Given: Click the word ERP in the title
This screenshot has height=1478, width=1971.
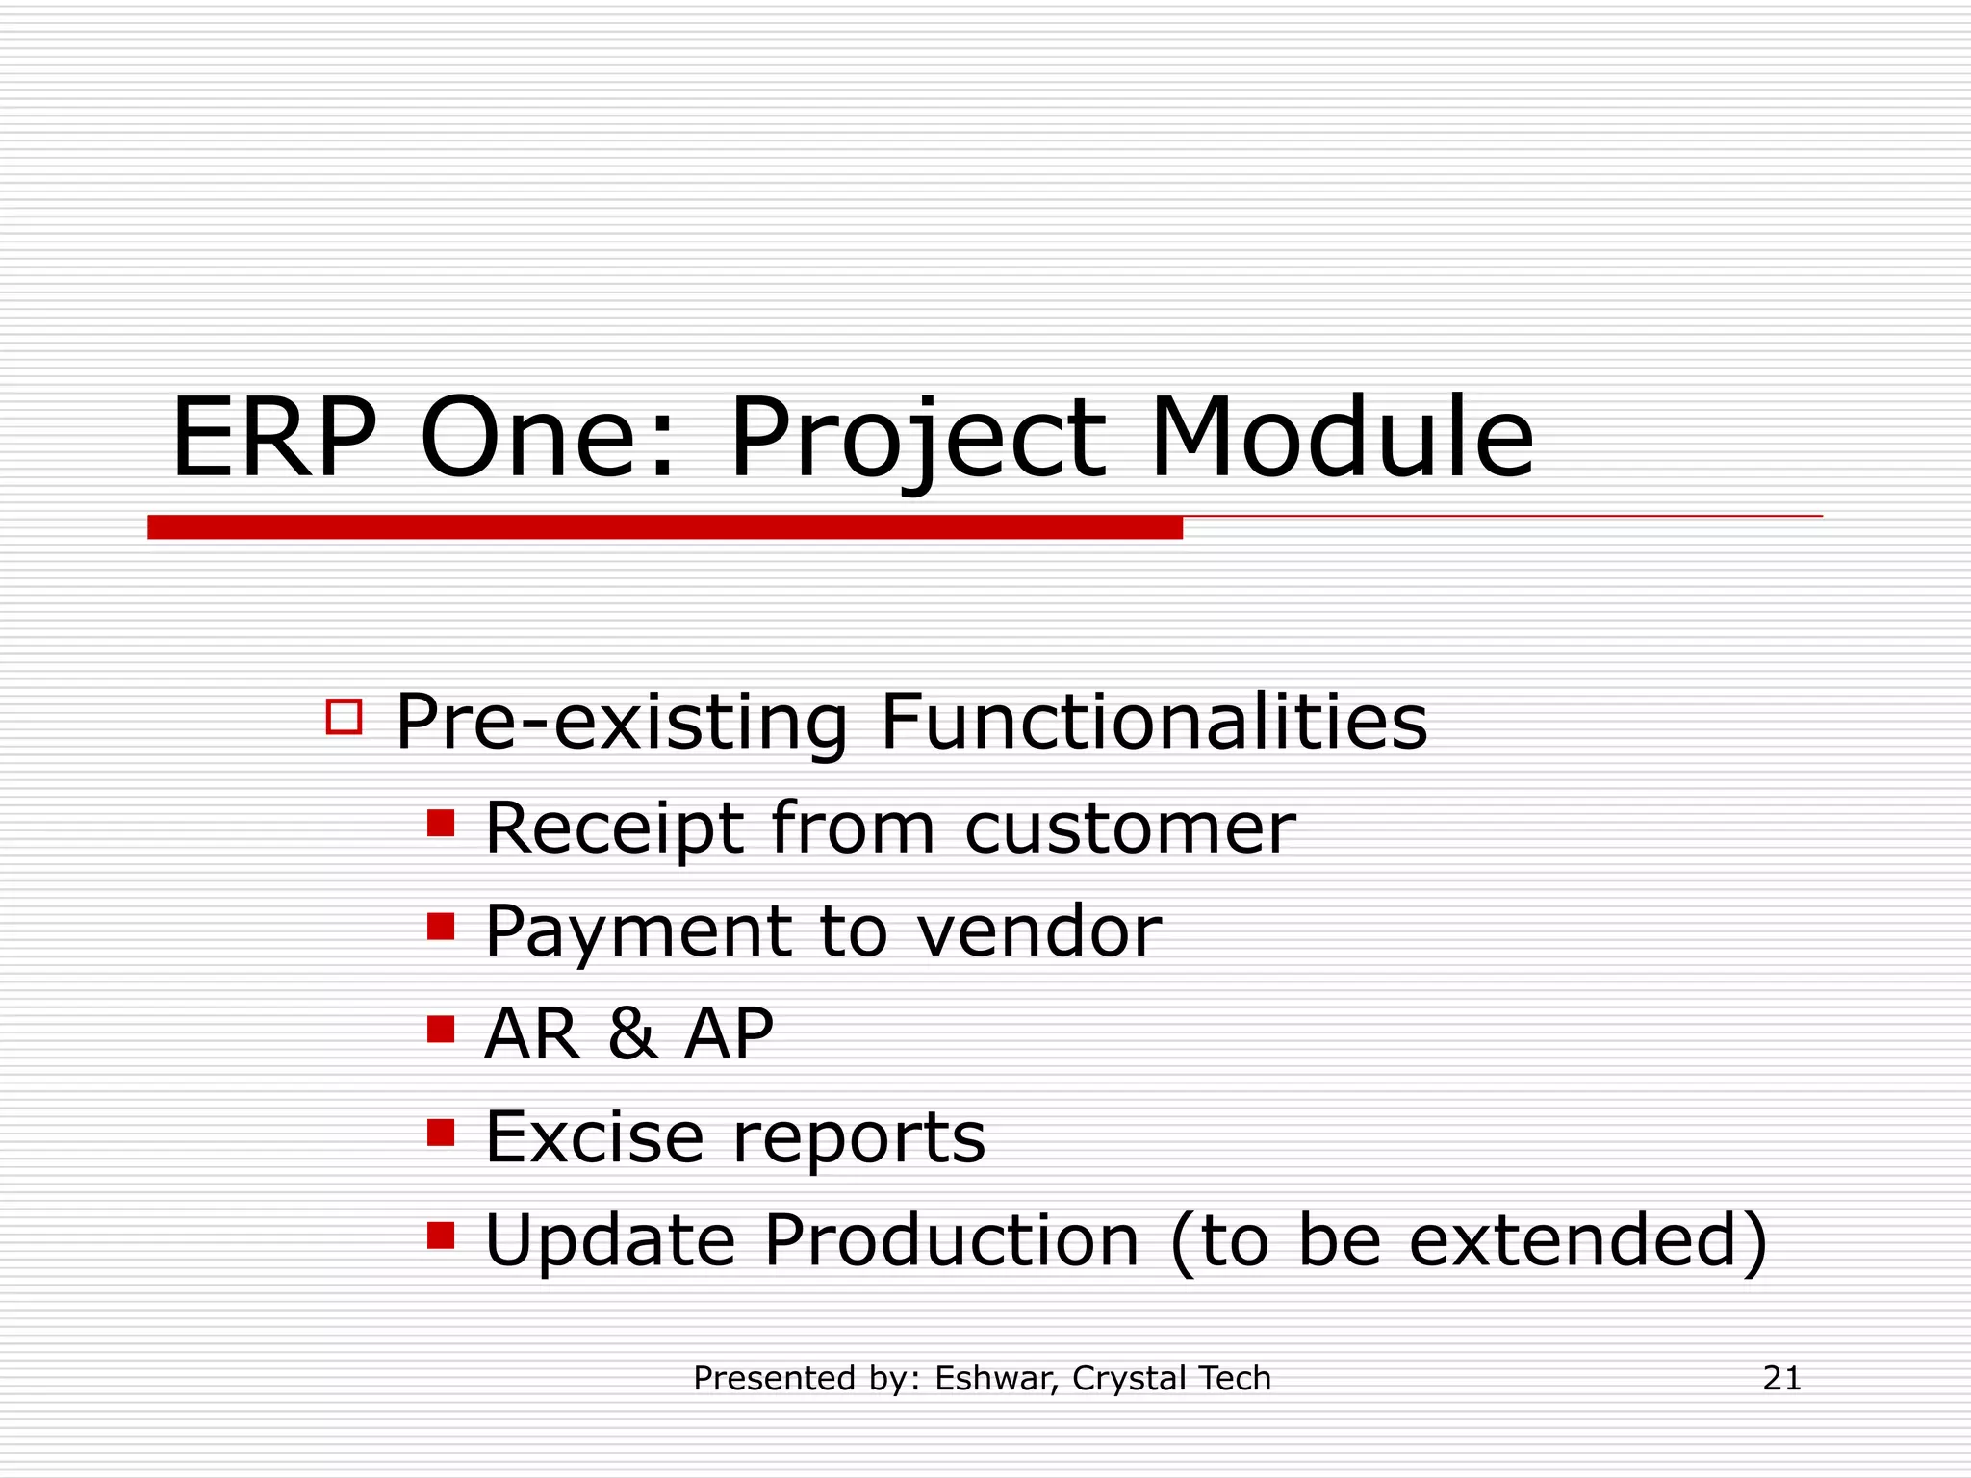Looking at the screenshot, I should pyautogui.click(x=273, y=439).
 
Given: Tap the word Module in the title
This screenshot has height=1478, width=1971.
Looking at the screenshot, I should pyautogui.click(x=1342, y=439).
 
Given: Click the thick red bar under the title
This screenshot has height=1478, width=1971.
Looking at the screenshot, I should pyautogui.click(x=664, y=527).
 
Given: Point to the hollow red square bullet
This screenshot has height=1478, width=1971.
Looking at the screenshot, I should pyautogui.click(x=344, y=717).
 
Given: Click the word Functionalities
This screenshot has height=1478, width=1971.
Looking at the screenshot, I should pyautogui.click(x=1153, y=722).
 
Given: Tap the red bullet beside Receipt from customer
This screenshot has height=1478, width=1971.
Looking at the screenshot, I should pyautogui.click(x=441, y=824).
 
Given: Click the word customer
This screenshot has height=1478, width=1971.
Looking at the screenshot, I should pyautogui.click(x=1130, y=828).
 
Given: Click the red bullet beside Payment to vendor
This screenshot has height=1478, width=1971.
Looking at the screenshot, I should pyautogui.click(x=441, y=927).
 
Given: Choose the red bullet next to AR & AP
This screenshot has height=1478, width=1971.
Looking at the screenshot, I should pyautogui.click(x=441, y=1030).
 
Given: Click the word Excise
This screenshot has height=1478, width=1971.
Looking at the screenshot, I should pyautogui.click(x=594, y=1137).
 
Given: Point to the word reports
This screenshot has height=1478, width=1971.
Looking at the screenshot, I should pyautogui.click(x=858, y=1140).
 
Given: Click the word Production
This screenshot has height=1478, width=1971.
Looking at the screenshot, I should pyautogui.click(x=951, y=1240).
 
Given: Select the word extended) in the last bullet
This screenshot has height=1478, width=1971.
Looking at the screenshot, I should pyautogui.click(x=1588, y=1240).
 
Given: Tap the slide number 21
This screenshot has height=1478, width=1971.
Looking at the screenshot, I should pyautogui.click(x=1781, y=1378).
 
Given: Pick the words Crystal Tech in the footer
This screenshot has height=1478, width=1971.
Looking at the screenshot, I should pyautogui.click(x=1171, y=1379).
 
